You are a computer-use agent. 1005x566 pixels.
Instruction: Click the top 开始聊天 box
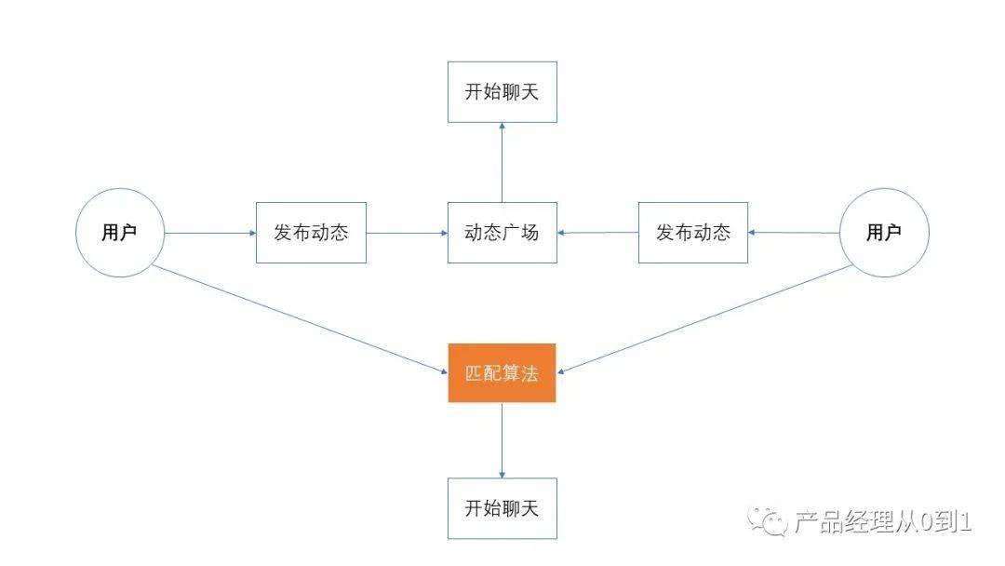click(502, 91)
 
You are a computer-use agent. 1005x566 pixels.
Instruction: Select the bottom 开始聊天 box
click(502, 508)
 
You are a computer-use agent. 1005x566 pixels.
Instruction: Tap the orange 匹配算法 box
click(502, 373)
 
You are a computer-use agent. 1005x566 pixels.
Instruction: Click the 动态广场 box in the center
click(502, 232)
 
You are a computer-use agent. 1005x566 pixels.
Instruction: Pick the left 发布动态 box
click(311, 232)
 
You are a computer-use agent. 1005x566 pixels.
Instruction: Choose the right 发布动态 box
click(693, 232)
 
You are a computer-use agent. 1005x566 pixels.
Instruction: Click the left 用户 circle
click(119, 233)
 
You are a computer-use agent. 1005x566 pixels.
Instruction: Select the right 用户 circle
click(884, 233)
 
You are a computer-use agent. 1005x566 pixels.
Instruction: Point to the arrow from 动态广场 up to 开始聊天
click(502, 162)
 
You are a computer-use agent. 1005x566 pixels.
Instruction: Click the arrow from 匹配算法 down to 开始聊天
click(502, 439)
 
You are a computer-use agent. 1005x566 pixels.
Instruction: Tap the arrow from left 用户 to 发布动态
click(210, 233)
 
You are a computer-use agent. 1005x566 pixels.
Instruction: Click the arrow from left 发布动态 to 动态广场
click(407, 233)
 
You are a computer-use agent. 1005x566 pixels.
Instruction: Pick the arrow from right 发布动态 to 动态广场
click(597, 233)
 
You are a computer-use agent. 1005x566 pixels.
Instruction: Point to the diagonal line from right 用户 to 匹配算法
click(707, 319)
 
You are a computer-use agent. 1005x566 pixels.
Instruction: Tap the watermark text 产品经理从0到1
click(880, 522)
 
